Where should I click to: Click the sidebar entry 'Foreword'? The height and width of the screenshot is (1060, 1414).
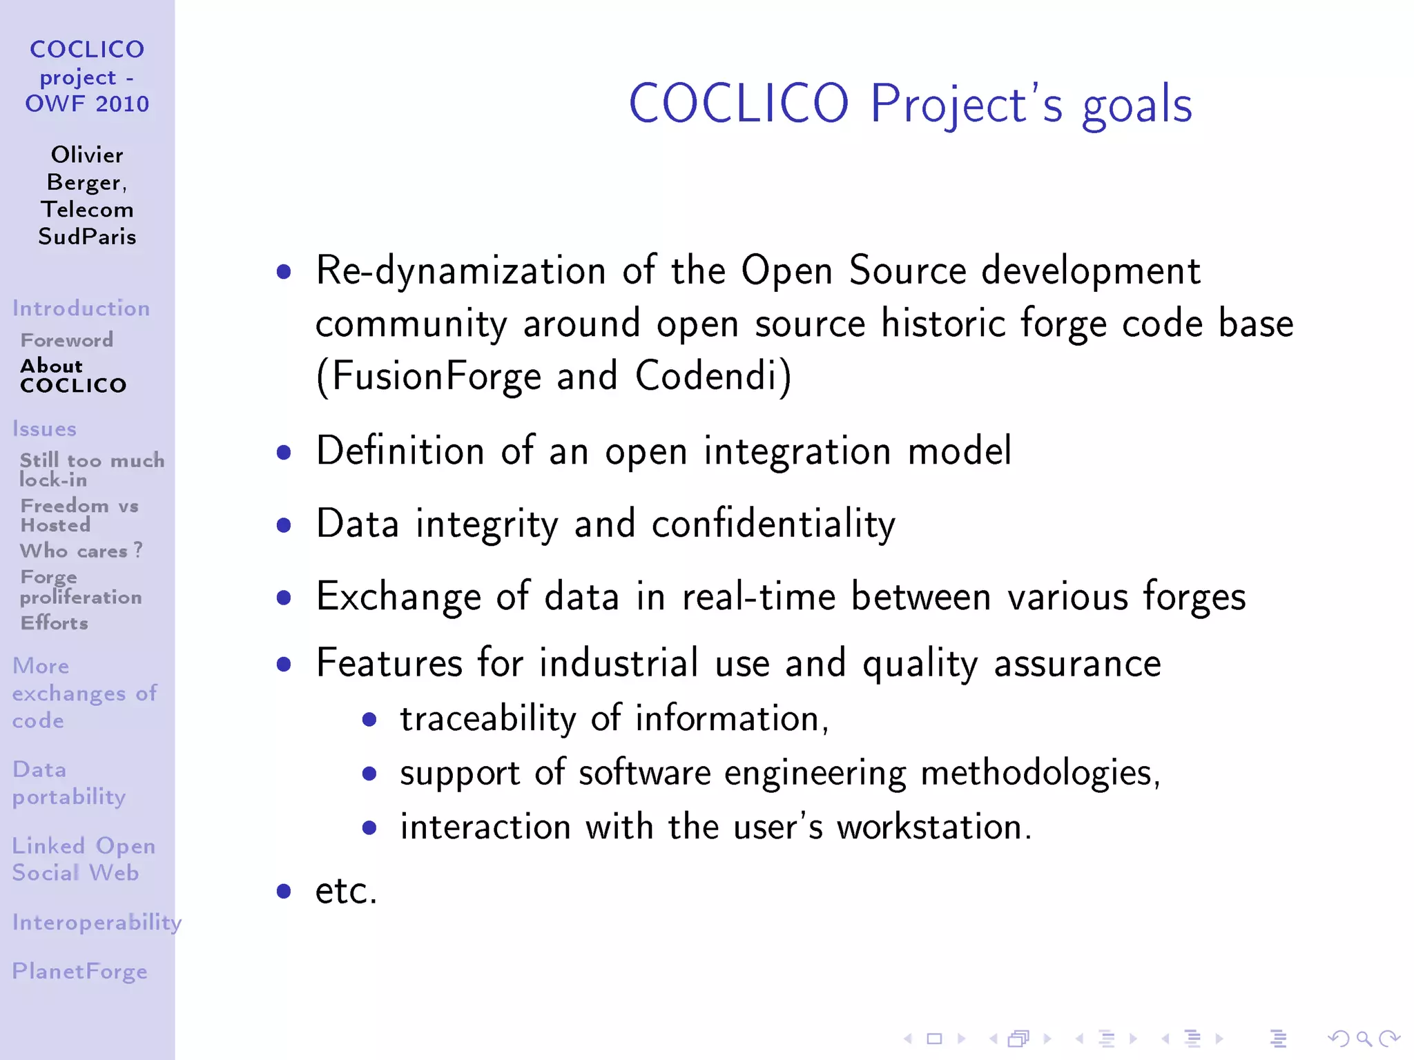[x=67, y=340]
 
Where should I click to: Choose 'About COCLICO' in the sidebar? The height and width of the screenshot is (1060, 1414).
[x=73, y=375]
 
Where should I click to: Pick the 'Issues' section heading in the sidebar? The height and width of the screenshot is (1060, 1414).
[x=44, y=429]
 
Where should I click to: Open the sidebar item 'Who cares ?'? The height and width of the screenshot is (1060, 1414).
[x=81, y=551]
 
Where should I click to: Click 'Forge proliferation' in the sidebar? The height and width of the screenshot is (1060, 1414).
[x=81, y=587]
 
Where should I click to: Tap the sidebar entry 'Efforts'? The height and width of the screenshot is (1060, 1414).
[x=55, y=623]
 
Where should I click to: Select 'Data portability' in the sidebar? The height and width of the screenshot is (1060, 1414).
[x=69, y=783]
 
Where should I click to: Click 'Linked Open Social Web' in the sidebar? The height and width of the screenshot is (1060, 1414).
[x=83, y=859]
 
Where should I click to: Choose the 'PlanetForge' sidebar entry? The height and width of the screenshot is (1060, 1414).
[x=80, y=972]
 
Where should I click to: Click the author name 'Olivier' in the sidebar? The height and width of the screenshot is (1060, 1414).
[x=87, y=155]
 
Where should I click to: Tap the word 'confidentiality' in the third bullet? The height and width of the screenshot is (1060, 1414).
[x=773, y=524]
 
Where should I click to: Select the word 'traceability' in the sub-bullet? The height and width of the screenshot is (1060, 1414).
[x=487, y=719]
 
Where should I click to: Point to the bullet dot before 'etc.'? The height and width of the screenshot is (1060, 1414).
[x=283, y=891]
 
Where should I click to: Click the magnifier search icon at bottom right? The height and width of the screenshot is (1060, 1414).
[x=1364, y=1038]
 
